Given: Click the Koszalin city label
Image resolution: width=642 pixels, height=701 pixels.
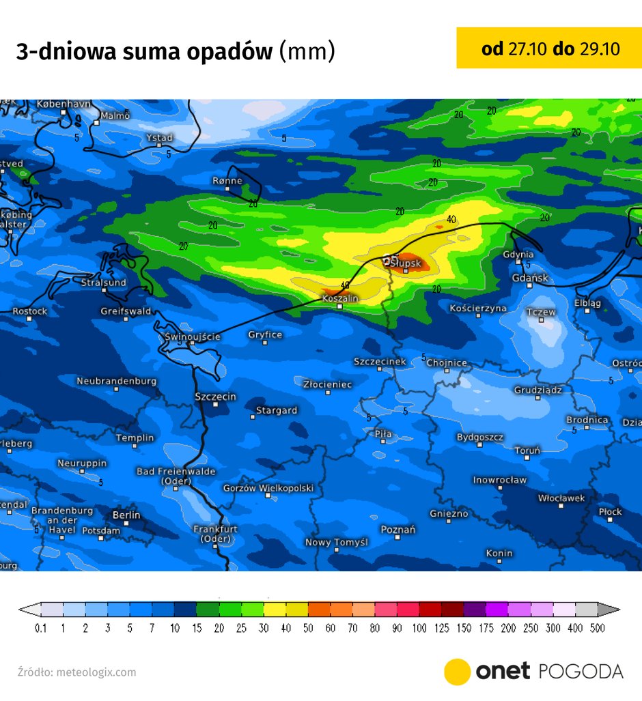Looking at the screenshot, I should click(x=340, y=298).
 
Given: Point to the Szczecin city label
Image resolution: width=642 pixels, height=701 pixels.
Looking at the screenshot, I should click(x=215, y=397).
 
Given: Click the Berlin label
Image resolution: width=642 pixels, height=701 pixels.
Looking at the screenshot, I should click(x=126, y=515).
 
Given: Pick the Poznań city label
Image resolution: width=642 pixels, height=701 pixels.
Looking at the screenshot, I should click(x=397, y=530).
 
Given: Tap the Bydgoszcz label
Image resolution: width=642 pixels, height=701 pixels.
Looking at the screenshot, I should click(x=480, y=437).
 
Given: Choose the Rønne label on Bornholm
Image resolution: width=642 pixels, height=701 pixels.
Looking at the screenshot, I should click(x=227, y=181).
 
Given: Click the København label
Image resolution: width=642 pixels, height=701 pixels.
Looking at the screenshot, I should click(x=64, y=104).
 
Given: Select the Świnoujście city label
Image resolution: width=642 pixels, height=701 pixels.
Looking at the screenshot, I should click(x=193, y=337).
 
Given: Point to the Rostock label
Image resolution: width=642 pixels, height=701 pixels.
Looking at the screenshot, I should click(x=30, y=311).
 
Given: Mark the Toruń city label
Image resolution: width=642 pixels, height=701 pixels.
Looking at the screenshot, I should click(x=527, y=450).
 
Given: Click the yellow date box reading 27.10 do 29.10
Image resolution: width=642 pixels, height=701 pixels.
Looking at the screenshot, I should click(x=550, y=48).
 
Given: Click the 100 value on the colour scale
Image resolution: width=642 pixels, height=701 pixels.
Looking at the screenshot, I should click(x=419, y=628).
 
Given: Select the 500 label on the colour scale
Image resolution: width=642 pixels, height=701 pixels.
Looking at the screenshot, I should click(x=598, y=628).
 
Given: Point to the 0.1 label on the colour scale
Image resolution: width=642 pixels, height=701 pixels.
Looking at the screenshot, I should click(x=41, y=628).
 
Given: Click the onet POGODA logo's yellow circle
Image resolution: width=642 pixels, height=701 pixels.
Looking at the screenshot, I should click(x=457, y=672).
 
